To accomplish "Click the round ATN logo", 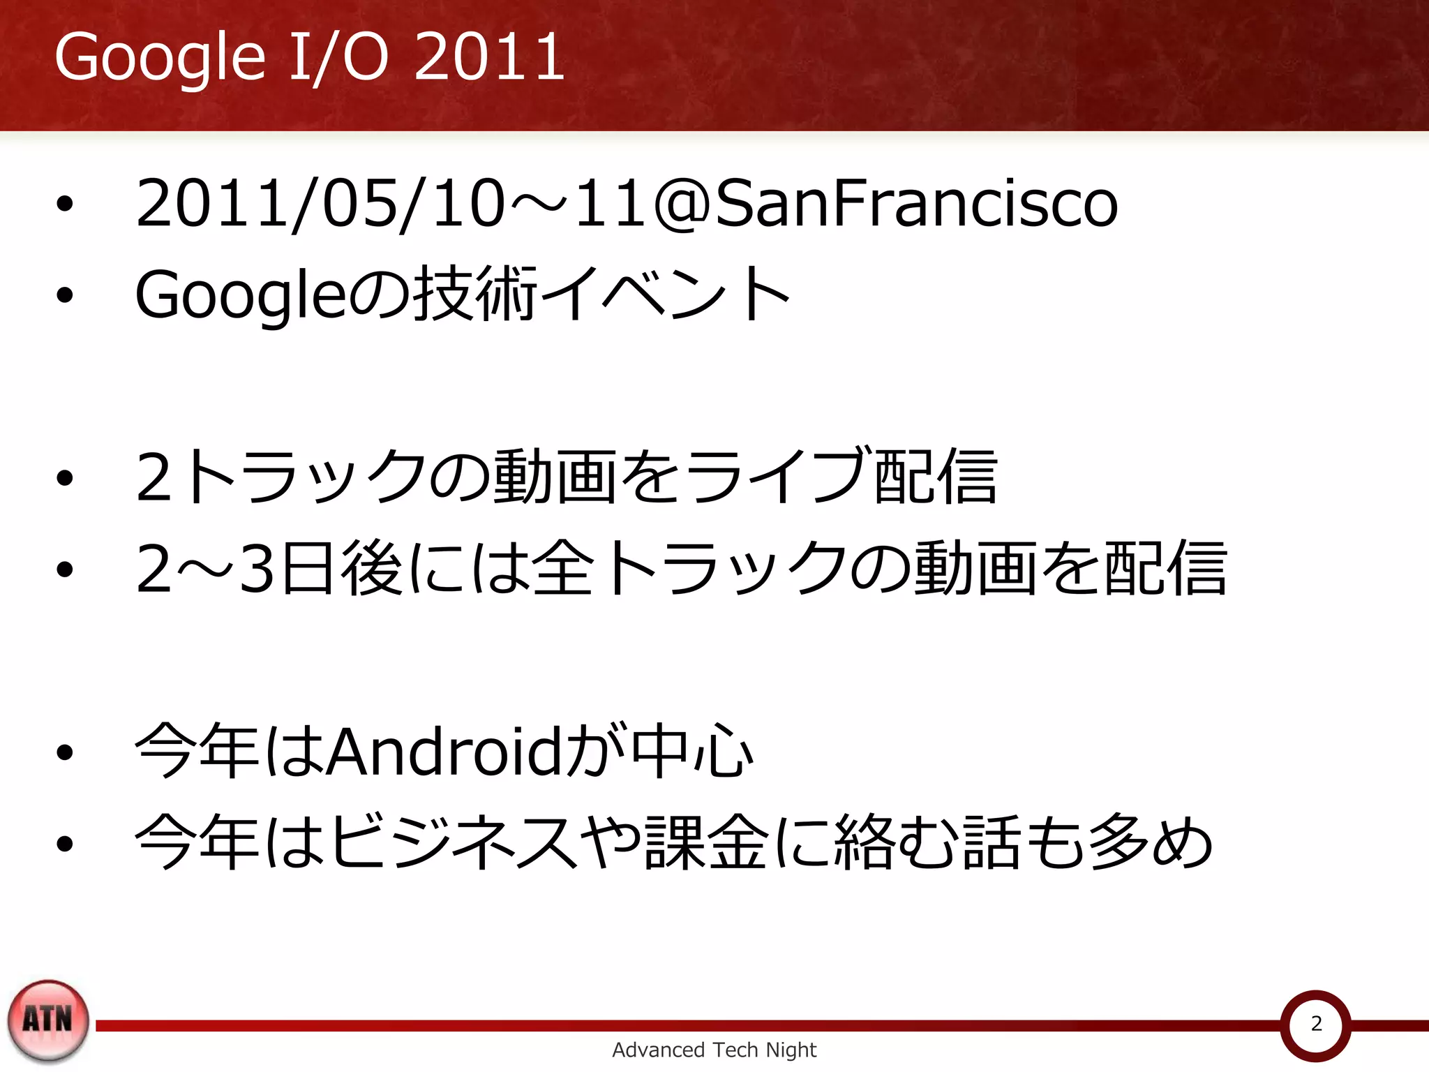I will click(x=48, y=1020).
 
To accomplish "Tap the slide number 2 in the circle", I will click(x=1316, y=1023).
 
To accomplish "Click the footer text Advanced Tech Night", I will click(x=714, y=1050).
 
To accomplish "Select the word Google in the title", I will click(x=160, y=57).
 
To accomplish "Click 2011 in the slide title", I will click(x=489, y=57).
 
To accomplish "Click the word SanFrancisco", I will click(x=916, y=203).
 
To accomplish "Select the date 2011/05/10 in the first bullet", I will click(x=320, y=203).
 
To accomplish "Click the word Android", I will click(x=444, y=752).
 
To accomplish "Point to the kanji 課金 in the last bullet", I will click(x=706, y=842).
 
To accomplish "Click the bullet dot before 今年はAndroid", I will click(x=65, y=752).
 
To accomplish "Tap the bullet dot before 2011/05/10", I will click(x=65, y=204).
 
